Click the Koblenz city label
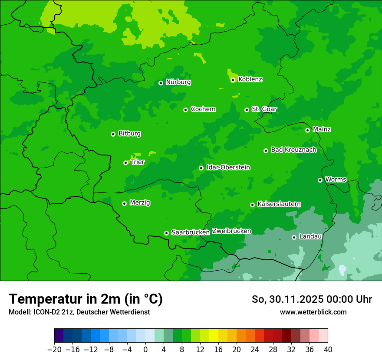250,79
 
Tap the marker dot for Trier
125,163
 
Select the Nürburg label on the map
178,82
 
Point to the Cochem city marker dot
185,110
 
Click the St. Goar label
264,109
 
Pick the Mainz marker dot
307,130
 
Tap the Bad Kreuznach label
293,150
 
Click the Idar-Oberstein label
228,167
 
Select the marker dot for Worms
320,180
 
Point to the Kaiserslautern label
279,204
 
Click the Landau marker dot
294,237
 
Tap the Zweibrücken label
231,231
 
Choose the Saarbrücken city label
191,232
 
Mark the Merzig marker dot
124,203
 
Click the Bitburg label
129,134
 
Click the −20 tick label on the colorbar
54,350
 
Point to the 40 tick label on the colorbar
328,350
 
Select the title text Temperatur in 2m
86,299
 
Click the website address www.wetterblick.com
313,312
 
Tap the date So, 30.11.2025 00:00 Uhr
312,299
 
